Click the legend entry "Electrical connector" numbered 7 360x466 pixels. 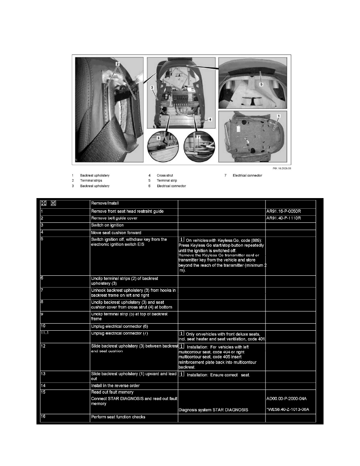pos(247,175)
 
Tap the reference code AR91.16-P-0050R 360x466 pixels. pos(285,211)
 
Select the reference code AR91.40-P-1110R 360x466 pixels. pos(285,218)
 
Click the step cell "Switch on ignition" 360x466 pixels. pos(107,225)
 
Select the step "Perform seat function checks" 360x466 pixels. pos(118,417)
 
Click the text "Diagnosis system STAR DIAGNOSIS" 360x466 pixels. pos(213,410)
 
